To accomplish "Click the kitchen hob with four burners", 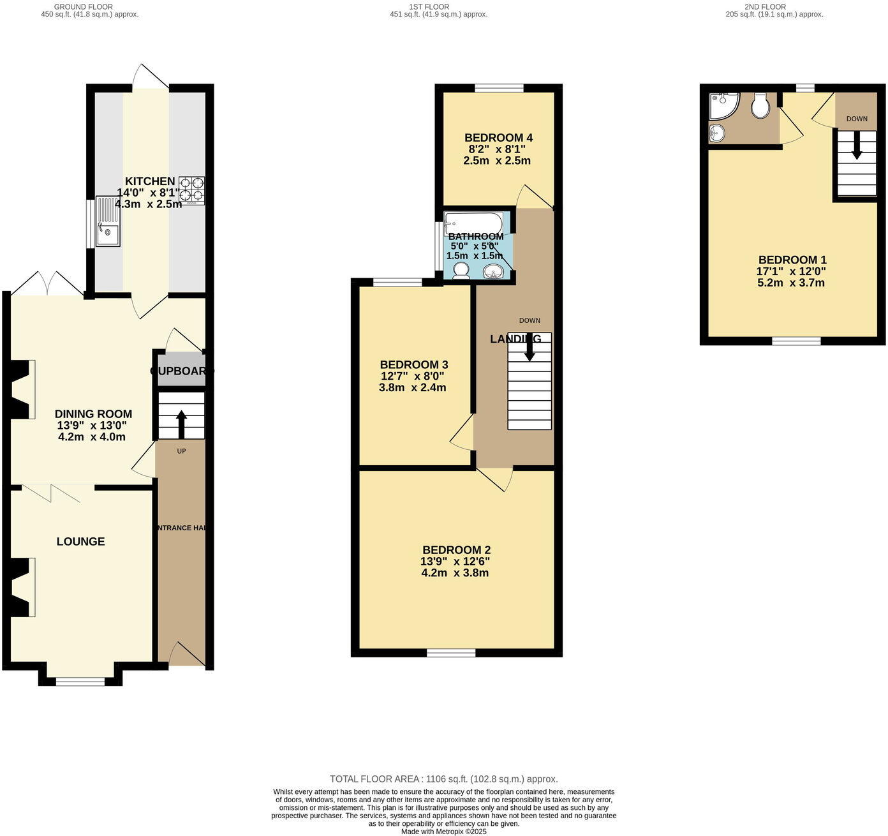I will (x=192, y=190).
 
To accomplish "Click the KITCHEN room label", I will (x=150, y=181).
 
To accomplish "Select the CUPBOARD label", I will (x=182, y=371).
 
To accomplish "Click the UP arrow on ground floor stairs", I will (x=181, y=423).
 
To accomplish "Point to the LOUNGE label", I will (x=80, y=542).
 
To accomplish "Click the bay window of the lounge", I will (x=80, y=682).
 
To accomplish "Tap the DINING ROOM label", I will (x=93, y=414).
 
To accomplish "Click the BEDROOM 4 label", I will (x=498, y=138).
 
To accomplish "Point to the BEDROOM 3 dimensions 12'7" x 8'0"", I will (x=412, y=377).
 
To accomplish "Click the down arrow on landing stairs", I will (x=529, y=348).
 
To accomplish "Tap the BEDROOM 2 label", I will (x=456, y=550).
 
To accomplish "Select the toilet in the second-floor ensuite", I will (x=760, y=106).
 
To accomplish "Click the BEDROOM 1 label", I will (x=792, y=260).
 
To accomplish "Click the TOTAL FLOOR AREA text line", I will (x=443, y=779).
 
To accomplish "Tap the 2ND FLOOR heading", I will (x=765, y=7).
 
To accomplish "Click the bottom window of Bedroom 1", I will (x=796, y=341).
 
